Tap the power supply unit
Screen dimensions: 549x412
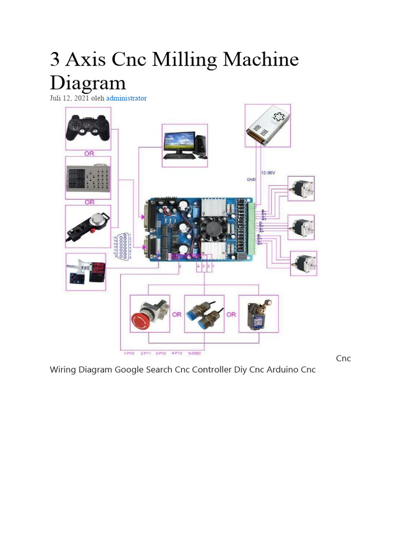(x=268, y=125)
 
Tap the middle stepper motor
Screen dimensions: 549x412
(x=300, y=227)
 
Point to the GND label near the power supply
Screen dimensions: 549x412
(x=251, y=180)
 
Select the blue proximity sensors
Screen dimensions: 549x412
(x=204, y=315)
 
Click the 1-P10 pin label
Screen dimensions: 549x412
(x=129, y=353)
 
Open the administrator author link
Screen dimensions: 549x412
(x=126, y=98)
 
